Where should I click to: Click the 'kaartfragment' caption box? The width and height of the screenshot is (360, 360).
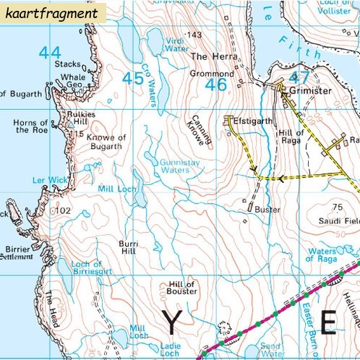(53, 12)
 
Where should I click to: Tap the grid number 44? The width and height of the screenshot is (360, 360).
(50, 52)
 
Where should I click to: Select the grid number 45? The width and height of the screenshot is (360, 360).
(132, 78)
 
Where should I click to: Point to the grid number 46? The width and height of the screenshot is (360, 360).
(216, 85)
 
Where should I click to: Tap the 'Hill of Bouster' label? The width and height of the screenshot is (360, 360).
(181, 287)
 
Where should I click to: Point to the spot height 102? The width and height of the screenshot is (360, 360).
(63, 210)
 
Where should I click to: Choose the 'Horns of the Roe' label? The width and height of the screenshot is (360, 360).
(30, 127)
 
